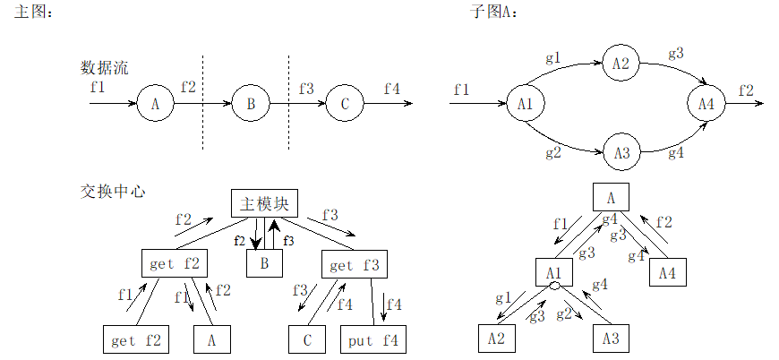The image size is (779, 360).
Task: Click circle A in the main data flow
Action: [155, 104]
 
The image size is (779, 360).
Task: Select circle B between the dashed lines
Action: [251, 104]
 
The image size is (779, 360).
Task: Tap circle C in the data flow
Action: [345, 104]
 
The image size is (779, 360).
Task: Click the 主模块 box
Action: [263, 204]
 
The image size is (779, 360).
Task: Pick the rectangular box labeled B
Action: [264, 263]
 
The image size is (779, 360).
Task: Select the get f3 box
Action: [353, 264]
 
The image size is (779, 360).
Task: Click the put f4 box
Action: [373, 340]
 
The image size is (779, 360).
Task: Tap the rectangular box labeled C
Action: [307, 340]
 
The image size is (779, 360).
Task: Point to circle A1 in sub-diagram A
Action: [526, 104]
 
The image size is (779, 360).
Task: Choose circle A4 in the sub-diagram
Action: [706, 104]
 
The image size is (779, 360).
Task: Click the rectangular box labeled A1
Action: [554, 272]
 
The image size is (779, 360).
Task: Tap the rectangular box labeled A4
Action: [667, 273]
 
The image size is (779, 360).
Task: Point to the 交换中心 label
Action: [113, 191]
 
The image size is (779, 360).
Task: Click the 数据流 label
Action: [104, 67]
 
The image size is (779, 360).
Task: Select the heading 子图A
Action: [493, 12]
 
